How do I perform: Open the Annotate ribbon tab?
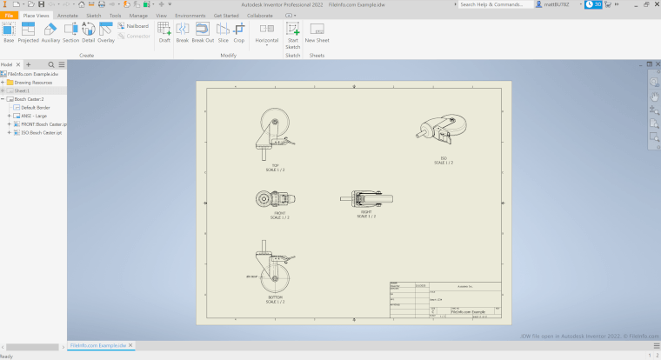(x=68, y=16)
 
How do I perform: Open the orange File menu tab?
(x=9, y=16)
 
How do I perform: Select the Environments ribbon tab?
(x=190, y=16)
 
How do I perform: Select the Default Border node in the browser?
(x=36, y=107)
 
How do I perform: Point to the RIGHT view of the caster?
(x=364, y=198)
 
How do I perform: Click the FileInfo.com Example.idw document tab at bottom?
(x=98, y=345)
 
